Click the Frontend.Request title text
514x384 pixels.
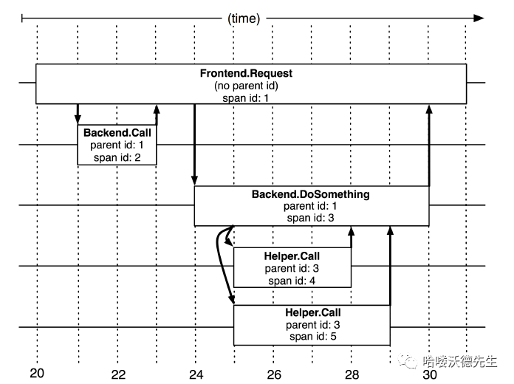click(246, 74)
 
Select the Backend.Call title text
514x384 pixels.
click(117, 133)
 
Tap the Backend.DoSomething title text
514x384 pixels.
click(310, 195)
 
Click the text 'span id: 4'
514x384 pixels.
click(292, 280)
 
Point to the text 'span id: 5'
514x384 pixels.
click(312, 336)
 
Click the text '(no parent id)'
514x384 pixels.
click(246, 86)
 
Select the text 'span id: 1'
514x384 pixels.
click(246, 97)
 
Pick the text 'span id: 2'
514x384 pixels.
click(117, 156)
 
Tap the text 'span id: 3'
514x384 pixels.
click(310, 218)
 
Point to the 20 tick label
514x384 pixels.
click(37, 373)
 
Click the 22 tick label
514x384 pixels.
click(117, 374)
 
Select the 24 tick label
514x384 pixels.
click(196, 374)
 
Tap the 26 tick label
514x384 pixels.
click(274, 374)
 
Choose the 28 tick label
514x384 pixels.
click(352, 374)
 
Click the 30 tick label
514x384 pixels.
click(430, 374)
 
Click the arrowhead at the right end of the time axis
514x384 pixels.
click(479, 18)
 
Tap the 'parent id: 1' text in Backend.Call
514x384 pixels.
click(117, 145)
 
